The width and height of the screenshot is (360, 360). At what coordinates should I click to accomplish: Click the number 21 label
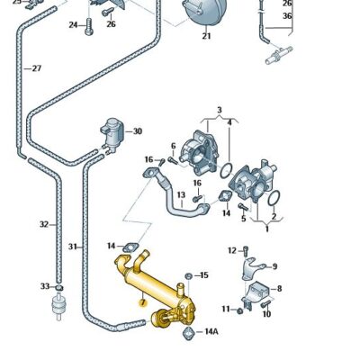pyautogui.click(x=206, y=37)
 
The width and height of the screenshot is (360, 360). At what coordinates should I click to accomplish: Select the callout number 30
pyautogui.click(x=137, y=131)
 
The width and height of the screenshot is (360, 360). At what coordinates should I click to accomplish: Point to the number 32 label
pyautogui.click(x=43, y=224)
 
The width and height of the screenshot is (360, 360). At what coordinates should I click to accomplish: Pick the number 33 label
pyautogui.click(x=44, y=286)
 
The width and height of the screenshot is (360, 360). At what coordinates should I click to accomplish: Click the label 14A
pyautogui.click(x=211, y=332)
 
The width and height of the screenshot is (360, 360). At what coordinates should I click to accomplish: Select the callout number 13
pyautogui.click(x=181, y=195)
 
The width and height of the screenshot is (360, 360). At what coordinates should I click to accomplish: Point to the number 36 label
pyautogui.click(x=287, y=15)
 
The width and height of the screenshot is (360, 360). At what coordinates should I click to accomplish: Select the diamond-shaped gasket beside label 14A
pyautogui.click(x=187, y=333)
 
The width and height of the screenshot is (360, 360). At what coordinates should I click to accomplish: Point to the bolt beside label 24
pyautogui.click(x=89, y=26)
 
